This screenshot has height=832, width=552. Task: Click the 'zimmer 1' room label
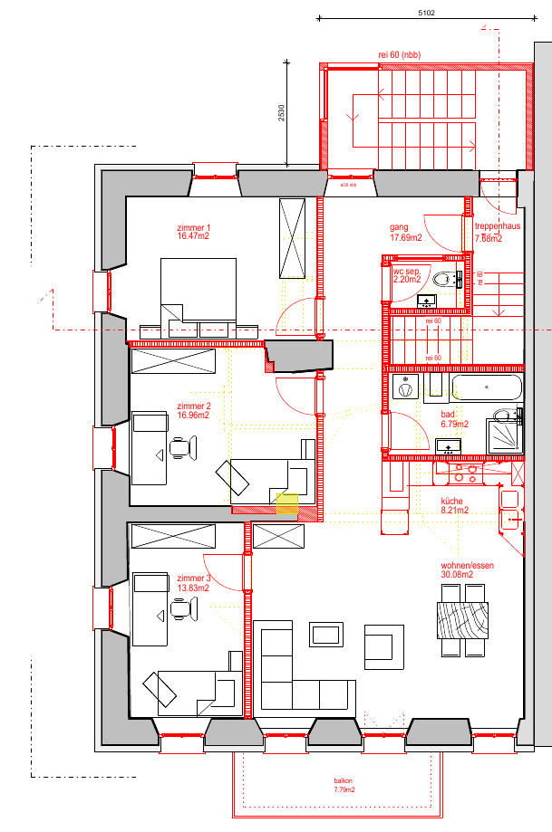pyautogui.click(x=194, y=227)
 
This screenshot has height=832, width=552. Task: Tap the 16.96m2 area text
pyautogui.click(x=194, y=416)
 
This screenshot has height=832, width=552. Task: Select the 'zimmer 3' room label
pyautogui.click(x=194, y=578)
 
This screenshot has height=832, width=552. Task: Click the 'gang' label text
pyautogui.click(x=399, y=227)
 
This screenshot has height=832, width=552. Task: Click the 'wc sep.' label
pyautogui.click(x=405, y=272)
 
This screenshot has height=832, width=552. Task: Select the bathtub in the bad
pyautogui.click(x=487, y=389)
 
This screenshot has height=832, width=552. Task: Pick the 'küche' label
pyautogui.click(x=452, y=501)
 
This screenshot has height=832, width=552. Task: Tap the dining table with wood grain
pyautogui.click(x=462, y=621)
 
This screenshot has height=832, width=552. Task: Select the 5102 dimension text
pyautogui.click(x=427, y=13)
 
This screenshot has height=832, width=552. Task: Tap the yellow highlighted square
pyautogui.click(x=286, y=504)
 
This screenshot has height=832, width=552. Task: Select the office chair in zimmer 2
pyautogui.click(x=181, y=446)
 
